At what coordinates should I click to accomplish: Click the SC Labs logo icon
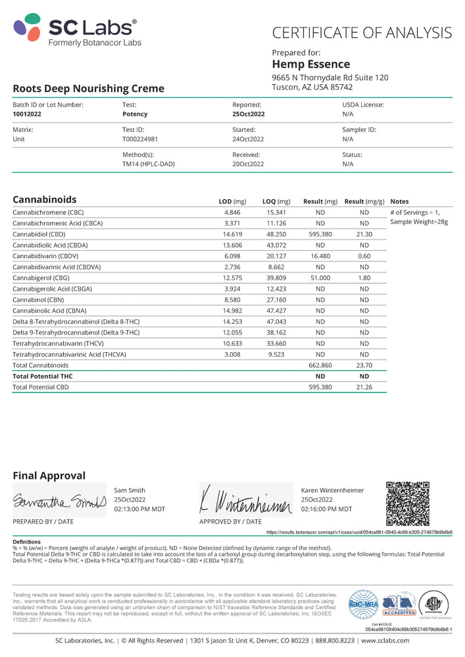(28, 28)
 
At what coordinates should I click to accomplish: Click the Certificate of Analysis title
(362, 33)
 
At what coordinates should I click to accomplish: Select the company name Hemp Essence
(310, 64)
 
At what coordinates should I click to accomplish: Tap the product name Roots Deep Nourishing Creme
(89, 89)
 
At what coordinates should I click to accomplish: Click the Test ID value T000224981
(140, 139)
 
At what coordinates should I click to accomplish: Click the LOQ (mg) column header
(276, 201)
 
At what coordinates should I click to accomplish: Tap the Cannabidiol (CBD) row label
(39, 234)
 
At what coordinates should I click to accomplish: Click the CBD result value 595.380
(320, 234)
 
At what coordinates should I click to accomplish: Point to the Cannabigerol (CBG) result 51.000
(320, 277)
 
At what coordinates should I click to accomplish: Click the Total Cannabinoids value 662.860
(320, 365)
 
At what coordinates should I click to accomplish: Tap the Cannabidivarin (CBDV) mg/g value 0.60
(364, 256)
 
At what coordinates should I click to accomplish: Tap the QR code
(407, 503)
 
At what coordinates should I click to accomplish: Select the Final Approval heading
(49, 476)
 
